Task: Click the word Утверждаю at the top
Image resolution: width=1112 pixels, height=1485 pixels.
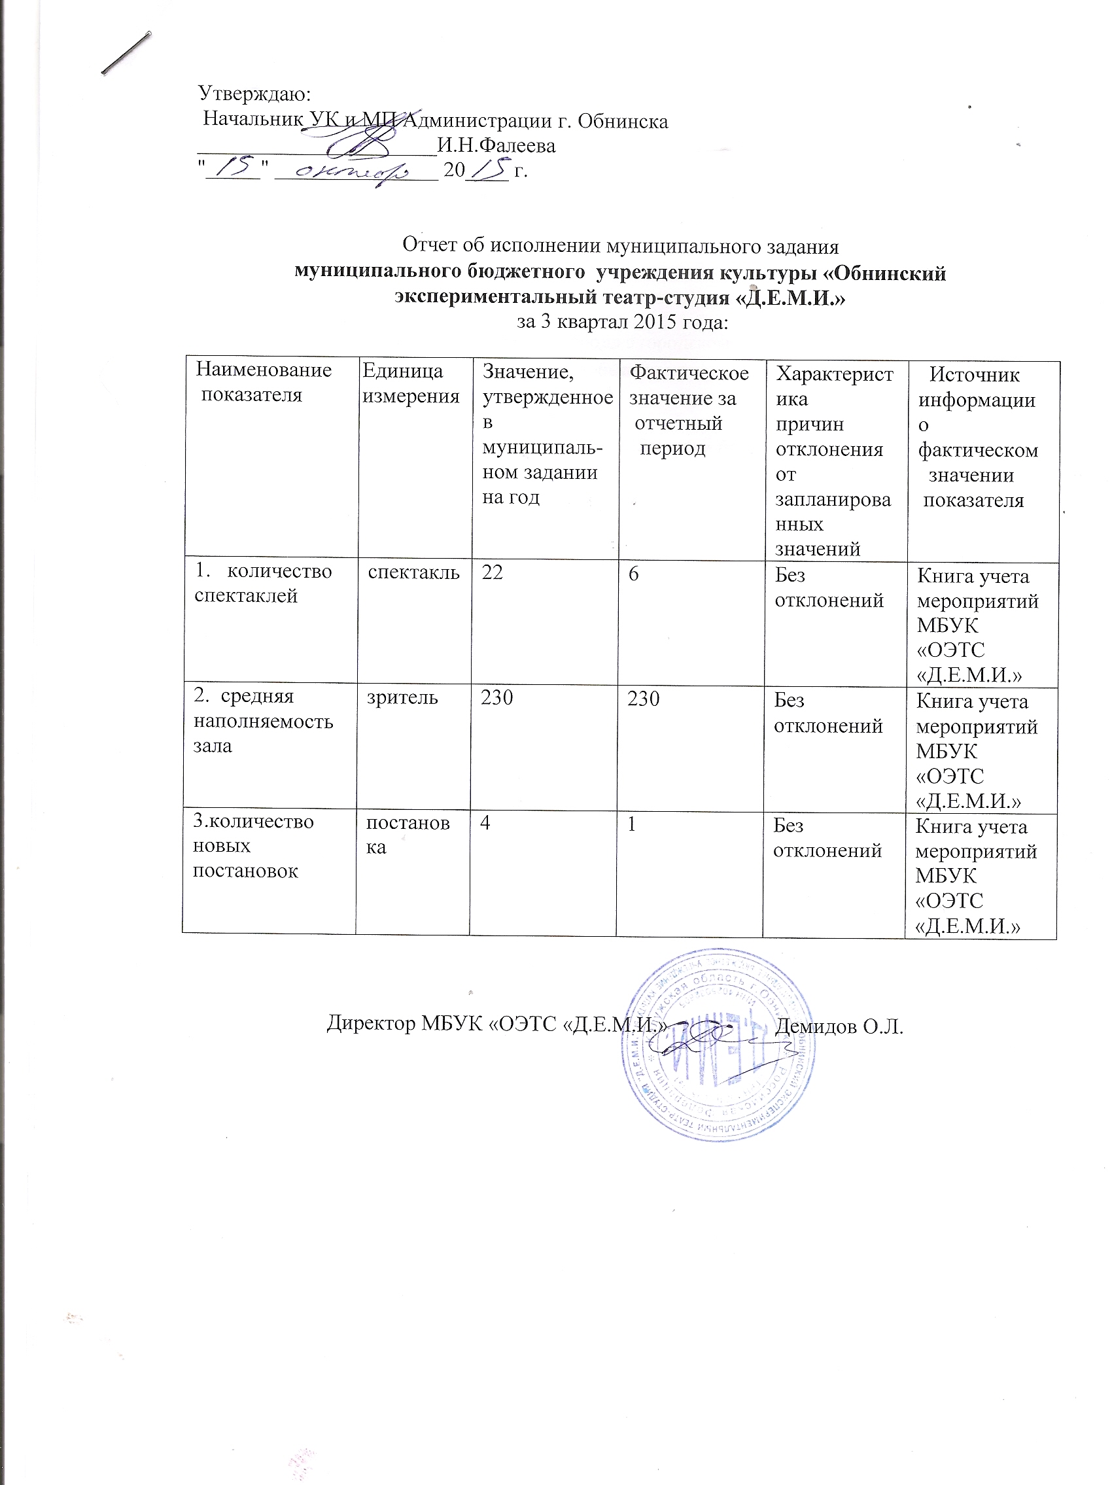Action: coord(253,93)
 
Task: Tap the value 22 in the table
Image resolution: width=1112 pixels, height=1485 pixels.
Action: coord(492,572)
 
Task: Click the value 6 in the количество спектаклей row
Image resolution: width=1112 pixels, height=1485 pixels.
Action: coord(633,572)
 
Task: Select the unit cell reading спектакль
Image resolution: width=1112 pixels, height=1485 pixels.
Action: coord(413,572)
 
